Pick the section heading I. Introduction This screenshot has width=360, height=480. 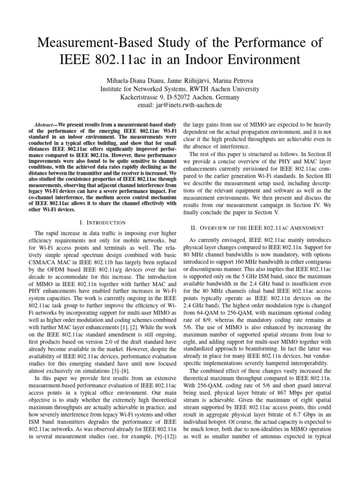point(102,222)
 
